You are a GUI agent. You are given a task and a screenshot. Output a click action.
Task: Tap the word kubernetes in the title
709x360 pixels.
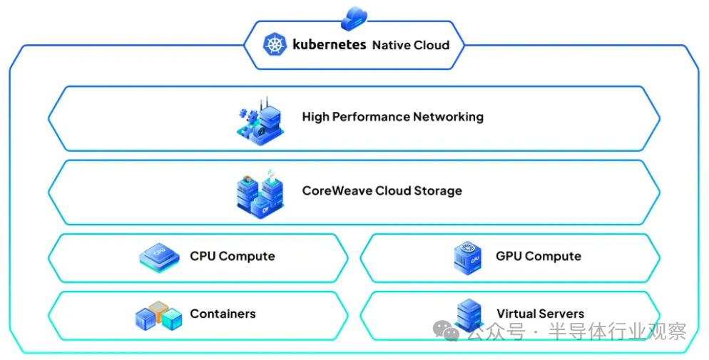tap(329, 45)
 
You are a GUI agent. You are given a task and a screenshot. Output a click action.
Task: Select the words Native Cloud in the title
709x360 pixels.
tap(411, 45)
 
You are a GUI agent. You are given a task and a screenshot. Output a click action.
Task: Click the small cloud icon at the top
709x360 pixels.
tap(354, 17)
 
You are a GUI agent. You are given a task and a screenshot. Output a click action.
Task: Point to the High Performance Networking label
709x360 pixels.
tap(392, 117)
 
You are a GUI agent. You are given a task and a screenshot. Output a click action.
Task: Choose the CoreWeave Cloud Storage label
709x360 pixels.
tap(382, 191)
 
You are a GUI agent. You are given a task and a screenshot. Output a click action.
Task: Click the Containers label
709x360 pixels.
tap(223, 314)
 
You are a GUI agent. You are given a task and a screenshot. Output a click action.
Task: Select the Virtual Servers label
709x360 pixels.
tap(540, 314)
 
